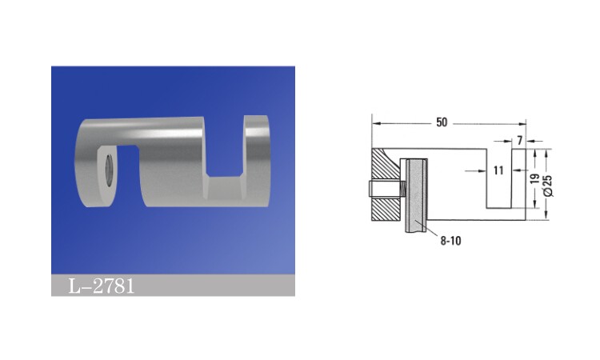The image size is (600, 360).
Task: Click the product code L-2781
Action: point(102,286)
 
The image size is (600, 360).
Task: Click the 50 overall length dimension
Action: point(442,122)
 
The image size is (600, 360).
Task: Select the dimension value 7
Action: point(520,141)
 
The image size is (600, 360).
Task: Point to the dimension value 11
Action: point(498,170)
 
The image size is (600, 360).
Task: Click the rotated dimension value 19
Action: point(535,178)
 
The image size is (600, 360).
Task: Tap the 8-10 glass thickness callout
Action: point(450,241)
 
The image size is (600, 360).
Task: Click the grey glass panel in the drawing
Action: point(416,195)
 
